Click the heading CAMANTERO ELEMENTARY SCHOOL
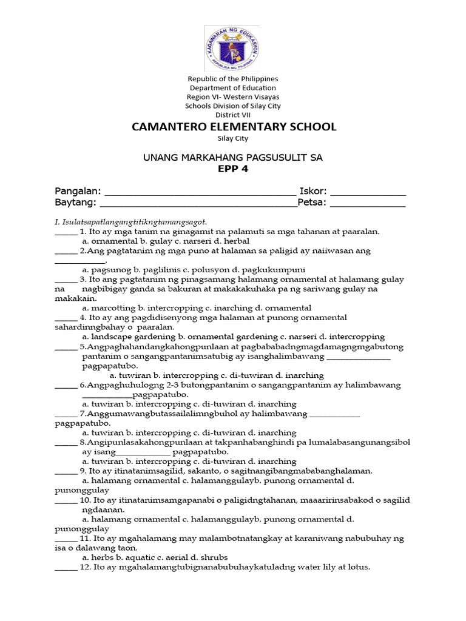(x=234, y=127)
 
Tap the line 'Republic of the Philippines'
(x=233, y=79)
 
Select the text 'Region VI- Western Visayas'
(x=233, y=97)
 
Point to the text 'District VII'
(x=233, y=115)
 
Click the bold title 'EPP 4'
(x=233, y=169)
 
